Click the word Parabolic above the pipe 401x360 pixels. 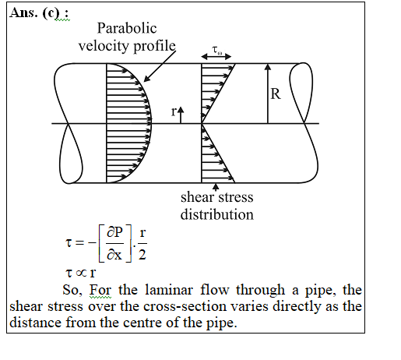pyautogui.click(x=127, y=28)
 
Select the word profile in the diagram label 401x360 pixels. pyautogui.click(x=154, y=46)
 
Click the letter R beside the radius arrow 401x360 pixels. pyautogui.click(x=276, y=94)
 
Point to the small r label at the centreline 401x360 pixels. pyautogui.click(x=174, y=112)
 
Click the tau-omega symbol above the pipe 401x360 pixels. pyautogui.click(x=217, y=50)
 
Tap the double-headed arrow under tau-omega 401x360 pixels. pyautogui.click(x=216, y=56)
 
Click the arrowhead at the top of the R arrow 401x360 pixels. pyautogui.click(x=268, y=67)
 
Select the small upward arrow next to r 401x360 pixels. pyautogui.click(x=181, y=115)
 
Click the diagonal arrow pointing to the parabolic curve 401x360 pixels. pyautogui.click(x=160, y=66)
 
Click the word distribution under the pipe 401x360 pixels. pyautogui.click(x=217, y=215)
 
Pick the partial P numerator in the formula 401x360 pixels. pyautogui.click(x=114, y=232)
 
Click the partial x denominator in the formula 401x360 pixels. pyautogui.click(x=114, y=255)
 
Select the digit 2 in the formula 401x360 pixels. pyautogui.click(x=142, y=255)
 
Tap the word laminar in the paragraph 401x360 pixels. pyautogui.click(x=169, y=290)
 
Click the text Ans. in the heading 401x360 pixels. pyautogui.click(x=23, y=12)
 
